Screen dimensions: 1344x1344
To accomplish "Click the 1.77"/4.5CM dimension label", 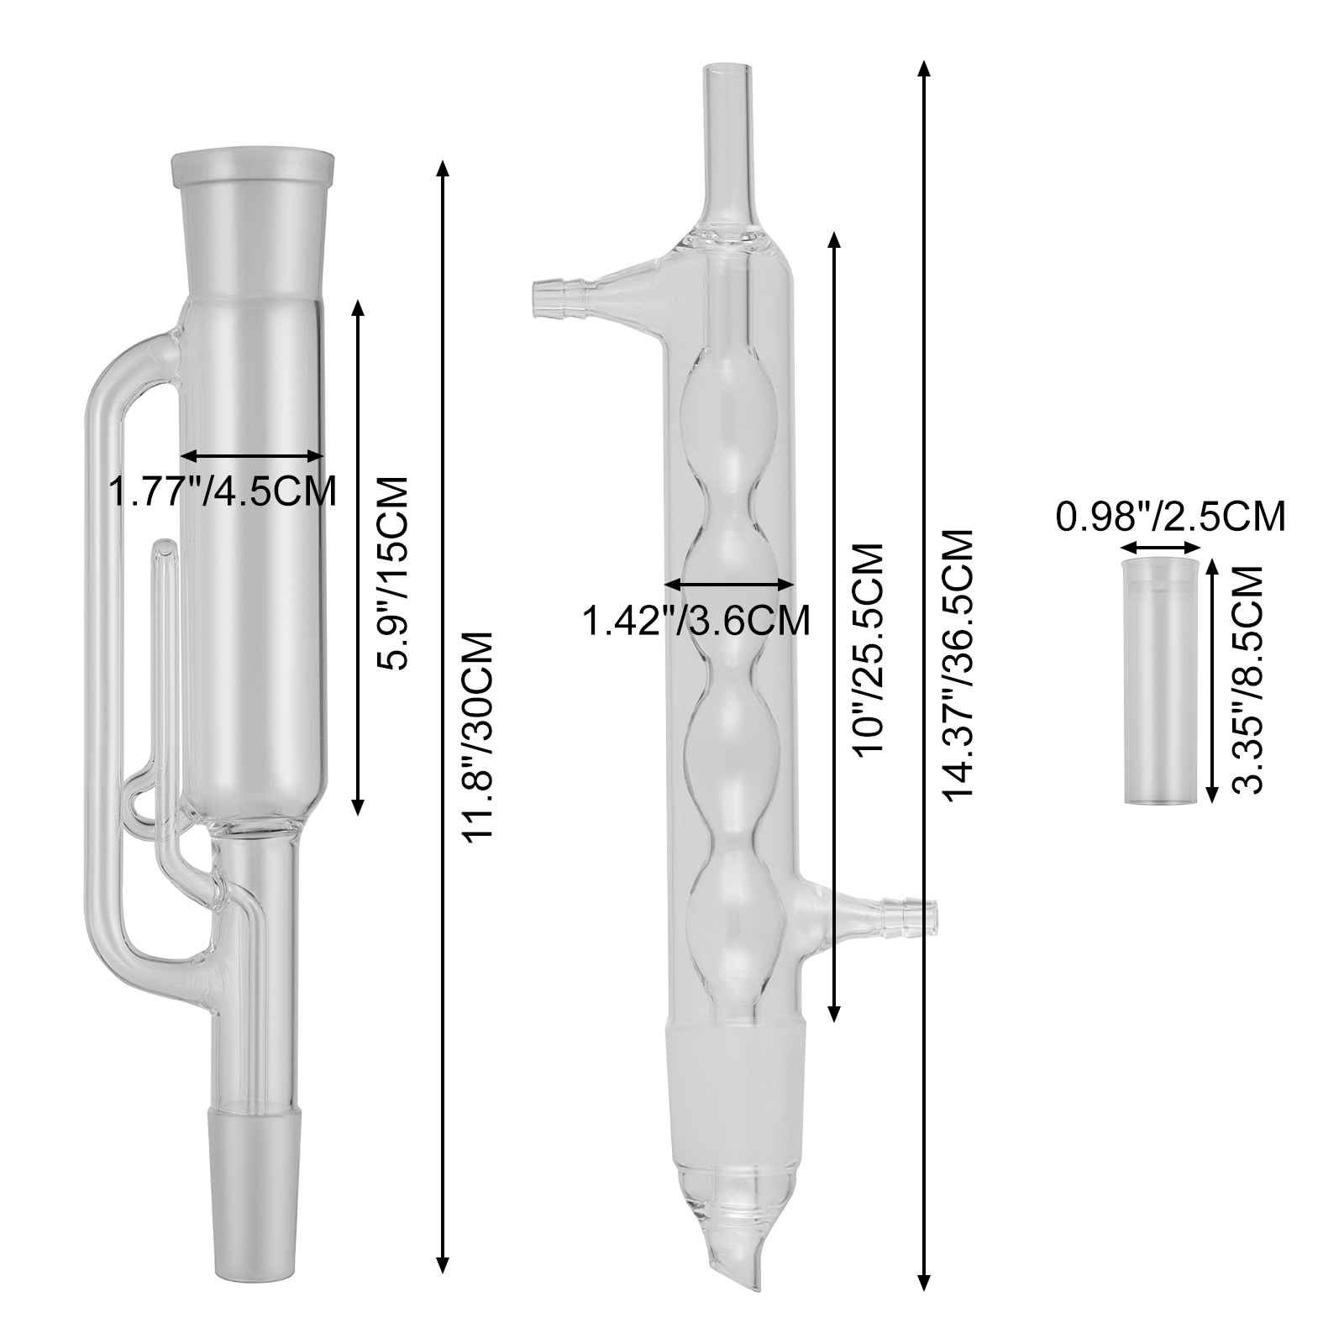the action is point(223,491).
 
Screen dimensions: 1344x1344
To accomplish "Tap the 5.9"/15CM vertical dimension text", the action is point(391,572).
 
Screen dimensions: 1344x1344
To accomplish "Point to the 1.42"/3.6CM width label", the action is point(696,620).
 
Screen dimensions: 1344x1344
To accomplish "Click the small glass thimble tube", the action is point(1161,683).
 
